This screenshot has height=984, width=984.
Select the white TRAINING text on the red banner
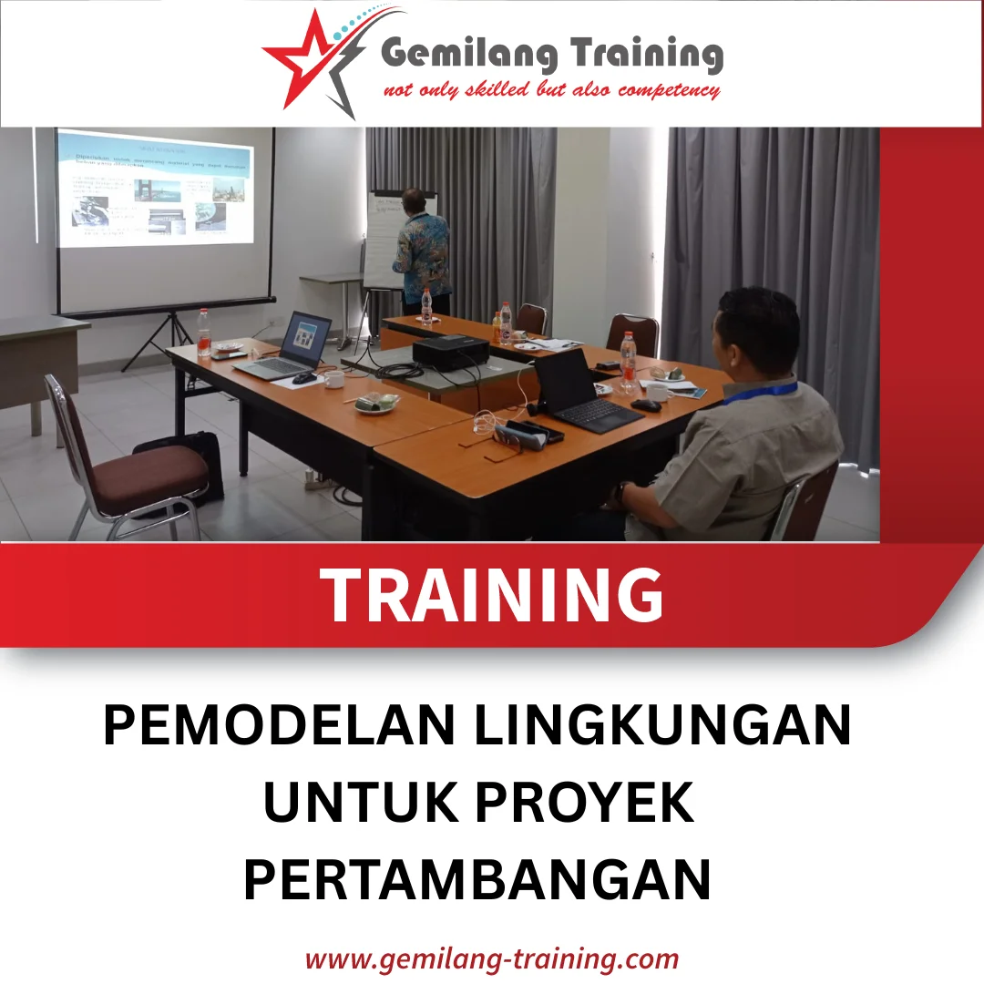tap(493, 595)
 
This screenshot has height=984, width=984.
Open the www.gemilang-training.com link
tap(492, 958)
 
